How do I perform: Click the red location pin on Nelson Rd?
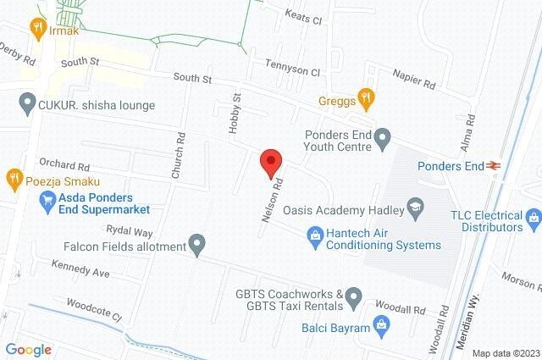tap(270, 162)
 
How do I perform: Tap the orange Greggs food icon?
tap(366, 97)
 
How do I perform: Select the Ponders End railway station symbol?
tap(492, 167)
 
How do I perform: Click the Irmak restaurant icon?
tap(36, 28)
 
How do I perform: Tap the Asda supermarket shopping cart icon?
tap(48, 202)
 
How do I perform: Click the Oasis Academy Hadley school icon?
tap(415, 206)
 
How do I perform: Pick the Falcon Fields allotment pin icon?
tap(197, 246)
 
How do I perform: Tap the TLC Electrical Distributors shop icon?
tap(533, 220)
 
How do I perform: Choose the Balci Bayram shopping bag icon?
tap(382, 324)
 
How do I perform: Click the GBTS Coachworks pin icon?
tap(354, 298)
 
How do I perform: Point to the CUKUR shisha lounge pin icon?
tap(26, 105)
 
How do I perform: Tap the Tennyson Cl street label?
tap(292, 73)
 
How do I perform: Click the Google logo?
tap(29, 349)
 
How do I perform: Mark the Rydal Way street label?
tap(129, 230)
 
